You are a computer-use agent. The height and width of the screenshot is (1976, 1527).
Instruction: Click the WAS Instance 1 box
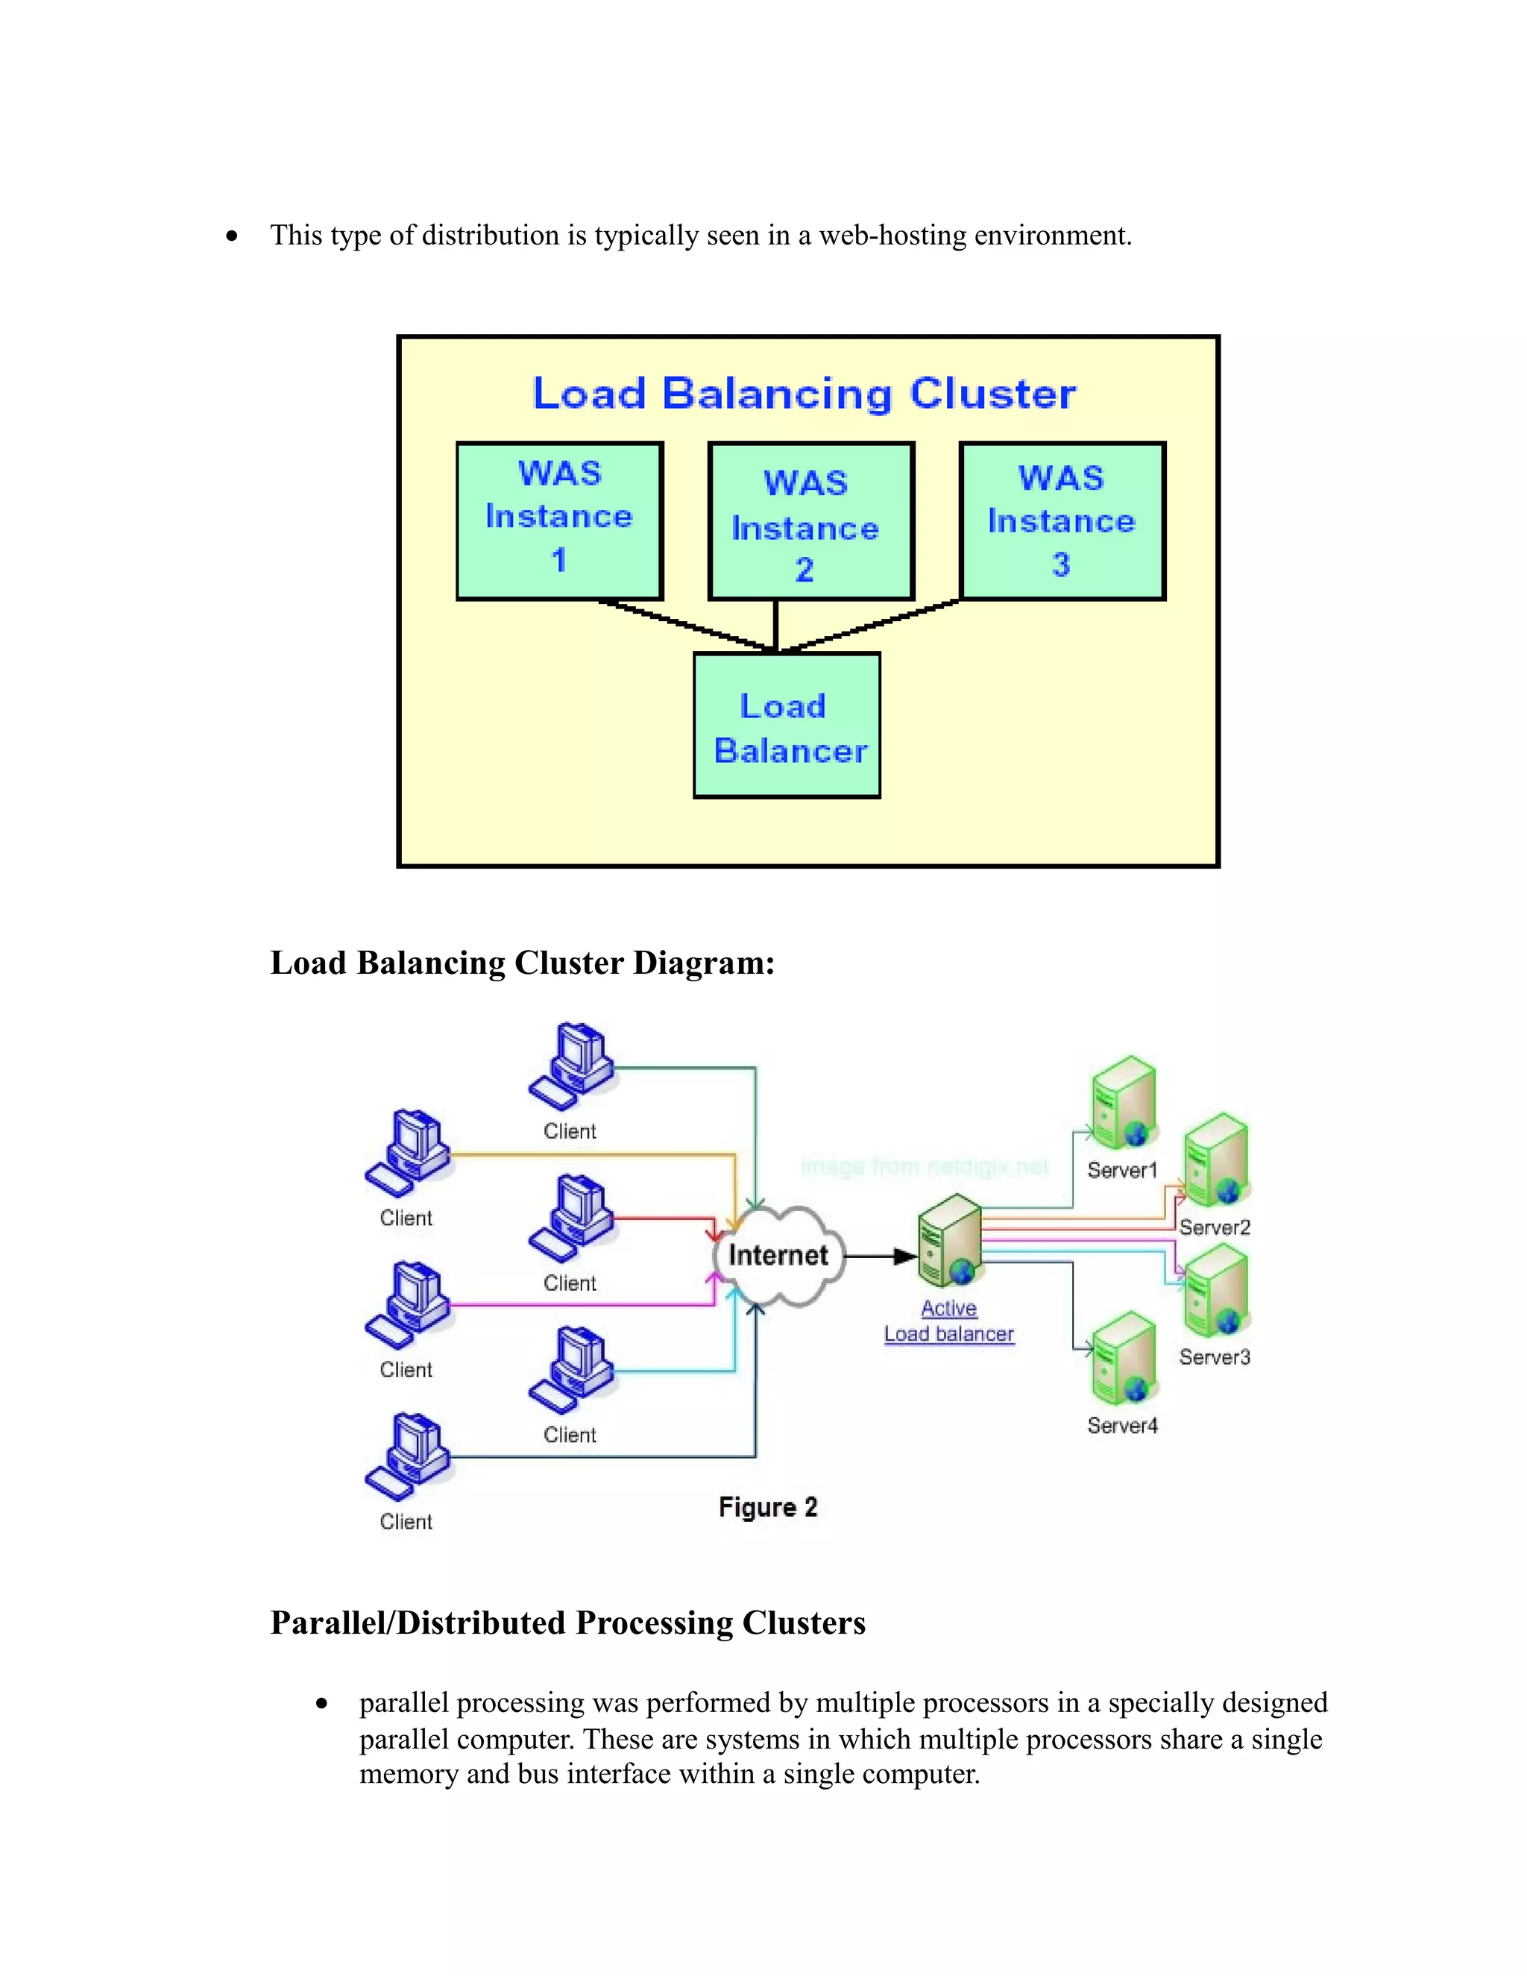(559, 520)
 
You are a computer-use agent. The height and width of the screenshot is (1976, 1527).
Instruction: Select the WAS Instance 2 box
(810, 521)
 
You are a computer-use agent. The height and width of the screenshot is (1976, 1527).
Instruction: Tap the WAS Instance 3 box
(1062, 520)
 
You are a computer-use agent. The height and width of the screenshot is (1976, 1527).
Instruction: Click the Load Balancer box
(786, 726)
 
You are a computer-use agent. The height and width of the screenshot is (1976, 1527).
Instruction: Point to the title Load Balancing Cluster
(805, 394)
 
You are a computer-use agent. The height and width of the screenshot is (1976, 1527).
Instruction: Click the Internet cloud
(778, 1256)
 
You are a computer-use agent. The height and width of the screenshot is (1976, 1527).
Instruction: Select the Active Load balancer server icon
(949, 1239)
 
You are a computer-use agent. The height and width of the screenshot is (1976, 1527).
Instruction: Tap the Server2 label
(1214, 1228)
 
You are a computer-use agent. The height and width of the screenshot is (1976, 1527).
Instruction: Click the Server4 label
(1121, 1426)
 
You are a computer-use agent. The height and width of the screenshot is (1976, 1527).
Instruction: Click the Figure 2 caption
(768, 1507)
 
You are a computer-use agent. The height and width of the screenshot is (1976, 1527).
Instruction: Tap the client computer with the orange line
(408, 1154)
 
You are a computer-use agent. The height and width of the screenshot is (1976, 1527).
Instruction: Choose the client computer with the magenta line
(408, 1305)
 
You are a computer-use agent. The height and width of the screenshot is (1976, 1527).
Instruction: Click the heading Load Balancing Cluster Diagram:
(522, 963)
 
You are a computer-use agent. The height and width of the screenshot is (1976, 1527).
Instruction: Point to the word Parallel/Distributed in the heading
(418, 1623)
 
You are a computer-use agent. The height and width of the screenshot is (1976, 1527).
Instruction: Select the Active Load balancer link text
(949, 1321)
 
